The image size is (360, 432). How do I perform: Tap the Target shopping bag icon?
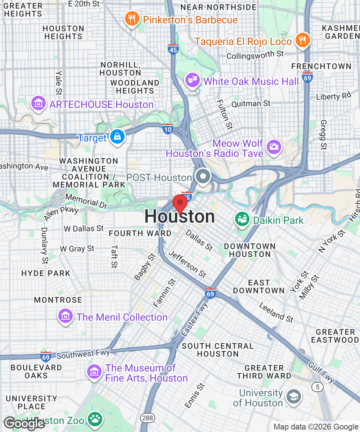117,137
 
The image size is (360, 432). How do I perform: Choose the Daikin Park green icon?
242,219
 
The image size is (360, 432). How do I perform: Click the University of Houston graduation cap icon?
293,397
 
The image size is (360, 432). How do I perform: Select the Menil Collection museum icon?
66,316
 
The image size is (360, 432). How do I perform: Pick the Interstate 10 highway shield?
167,129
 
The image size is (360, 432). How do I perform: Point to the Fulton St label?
225,114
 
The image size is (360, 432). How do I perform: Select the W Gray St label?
77,249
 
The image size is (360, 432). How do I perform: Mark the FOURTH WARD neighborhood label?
140,233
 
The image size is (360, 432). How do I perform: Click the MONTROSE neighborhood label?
58,300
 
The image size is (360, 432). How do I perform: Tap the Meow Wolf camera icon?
274,146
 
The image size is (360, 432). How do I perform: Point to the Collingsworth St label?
255,55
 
